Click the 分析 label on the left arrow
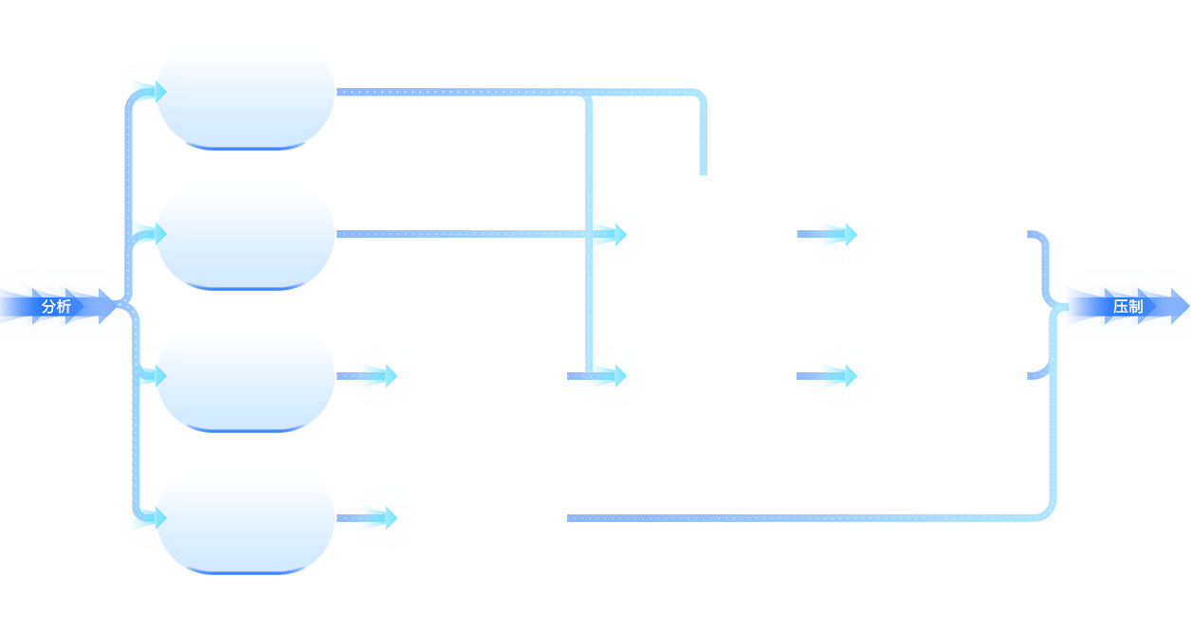56,307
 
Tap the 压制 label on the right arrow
1127,307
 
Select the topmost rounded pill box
246,94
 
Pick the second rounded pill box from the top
246,235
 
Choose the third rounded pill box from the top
246,377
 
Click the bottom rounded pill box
246,519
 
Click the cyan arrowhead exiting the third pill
379,376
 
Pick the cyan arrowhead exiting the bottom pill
379,518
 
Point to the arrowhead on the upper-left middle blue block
610,234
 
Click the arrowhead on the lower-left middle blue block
610,376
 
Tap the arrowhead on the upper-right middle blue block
839,234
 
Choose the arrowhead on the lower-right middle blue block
839,376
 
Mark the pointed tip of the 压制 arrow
1185,307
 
